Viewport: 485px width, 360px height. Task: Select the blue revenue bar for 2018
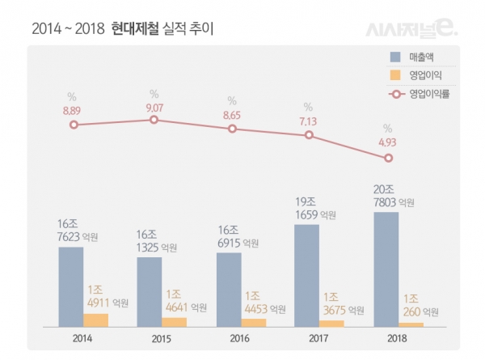click(x=386, y=269)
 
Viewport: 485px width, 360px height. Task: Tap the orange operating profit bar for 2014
click(x=96, y=320)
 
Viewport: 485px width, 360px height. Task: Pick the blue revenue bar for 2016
click(x=229, y=290)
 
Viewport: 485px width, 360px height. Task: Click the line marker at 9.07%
click(x=153, y=120)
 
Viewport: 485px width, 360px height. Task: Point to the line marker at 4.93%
click(x=389, y=158)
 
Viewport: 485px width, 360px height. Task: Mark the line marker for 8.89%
click(x=74, y=125)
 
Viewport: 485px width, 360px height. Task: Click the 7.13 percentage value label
click(x=309, y=121)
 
